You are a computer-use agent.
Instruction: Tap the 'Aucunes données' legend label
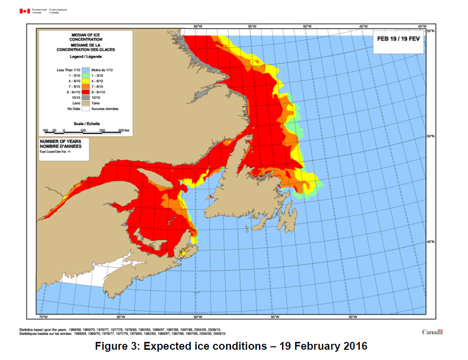coord(105,109)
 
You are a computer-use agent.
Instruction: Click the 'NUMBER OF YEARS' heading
coord(57,141)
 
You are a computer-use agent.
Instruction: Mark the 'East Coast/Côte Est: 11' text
coord(55,152)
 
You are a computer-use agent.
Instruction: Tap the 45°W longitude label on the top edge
coord(363,26)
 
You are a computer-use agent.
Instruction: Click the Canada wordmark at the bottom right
coord(432,332)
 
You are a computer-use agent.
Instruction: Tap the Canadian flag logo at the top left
coord(25,11)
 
